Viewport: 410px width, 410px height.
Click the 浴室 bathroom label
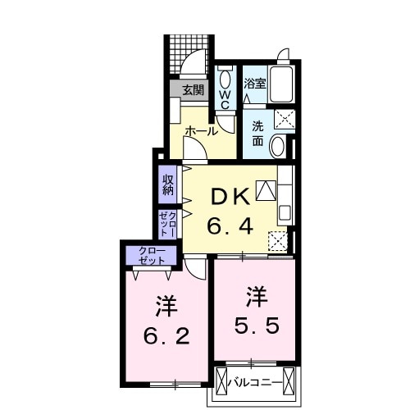point(255,82)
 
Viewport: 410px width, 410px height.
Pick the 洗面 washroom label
point(257,133)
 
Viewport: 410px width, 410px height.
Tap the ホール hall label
point(200,131)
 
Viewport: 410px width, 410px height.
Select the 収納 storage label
point(167,184)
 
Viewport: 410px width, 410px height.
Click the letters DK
point(231,196)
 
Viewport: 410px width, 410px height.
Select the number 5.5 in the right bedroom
point(257,325)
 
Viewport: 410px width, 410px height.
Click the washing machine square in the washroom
point(284,119)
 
